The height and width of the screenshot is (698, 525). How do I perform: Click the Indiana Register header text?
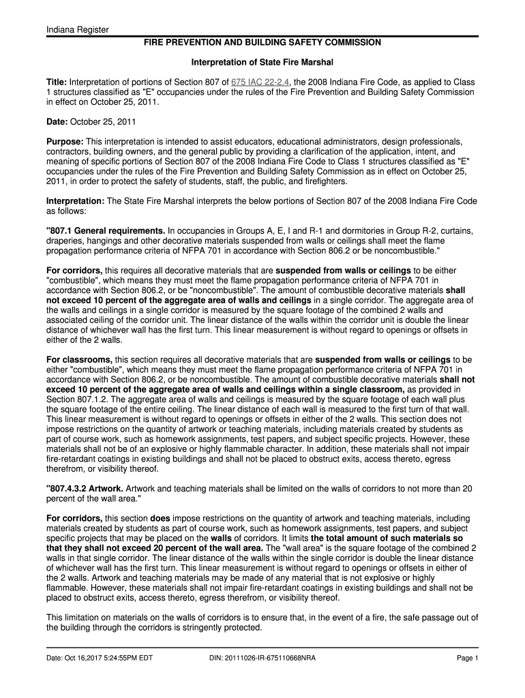click(x=73, y=29)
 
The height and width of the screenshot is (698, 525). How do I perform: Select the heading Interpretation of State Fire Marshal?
click(x=261, y=62)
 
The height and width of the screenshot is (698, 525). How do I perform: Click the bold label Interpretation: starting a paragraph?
click(x=75, y=201)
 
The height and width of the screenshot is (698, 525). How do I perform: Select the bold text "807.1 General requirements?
click(x=106, y=231)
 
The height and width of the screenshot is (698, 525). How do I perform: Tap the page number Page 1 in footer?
click(x=468, y=658)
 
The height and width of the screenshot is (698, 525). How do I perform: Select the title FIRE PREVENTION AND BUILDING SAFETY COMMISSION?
click(x=262, y=42)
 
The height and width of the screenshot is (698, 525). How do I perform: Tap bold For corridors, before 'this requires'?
click(x=74, y=269)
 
